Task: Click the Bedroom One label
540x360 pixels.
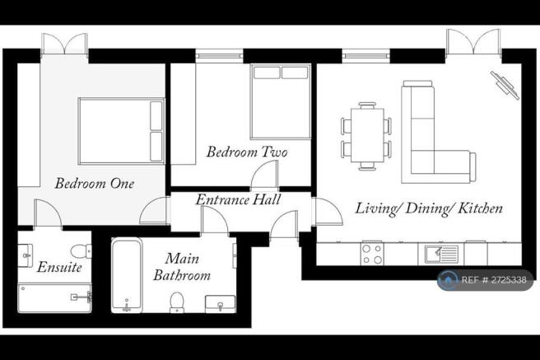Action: [x=95, y=183]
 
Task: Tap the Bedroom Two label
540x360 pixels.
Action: [x=247, y=152]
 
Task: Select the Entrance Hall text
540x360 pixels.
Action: [x=239, y=200]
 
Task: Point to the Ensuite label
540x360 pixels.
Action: [x=59, y=268]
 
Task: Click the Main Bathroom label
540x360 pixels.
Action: [x=182, y=267]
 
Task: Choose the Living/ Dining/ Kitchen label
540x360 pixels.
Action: [x=429, y=208]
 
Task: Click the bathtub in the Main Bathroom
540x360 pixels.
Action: [x=127, y=275]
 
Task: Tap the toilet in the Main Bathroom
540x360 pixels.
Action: [x=177, y=302]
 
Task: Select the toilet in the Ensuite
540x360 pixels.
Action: [x=81, y=250]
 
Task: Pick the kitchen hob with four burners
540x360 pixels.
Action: [x=372, y=254]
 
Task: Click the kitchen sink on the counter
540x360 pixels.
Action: [x=441, y=255]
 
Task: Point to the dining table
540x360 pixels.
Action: [x=367, y=135]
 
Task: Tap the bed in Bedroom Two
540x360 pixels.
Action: [x=281, y=101]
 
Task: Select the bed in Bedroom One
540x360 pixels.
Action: [x=121, y=131]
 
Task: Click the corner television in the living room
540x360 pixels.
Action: [x=505, y=85]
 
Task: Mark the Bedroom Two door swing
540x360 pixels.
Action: [x=264, y=175]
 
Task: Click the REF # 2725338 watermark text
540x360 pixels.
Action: [x=494, y=280]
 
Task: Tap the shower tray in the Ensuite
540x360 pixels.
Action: [x=55, y=298]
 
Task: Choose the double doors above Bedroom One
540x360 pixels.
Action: [x=64, y=44]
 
